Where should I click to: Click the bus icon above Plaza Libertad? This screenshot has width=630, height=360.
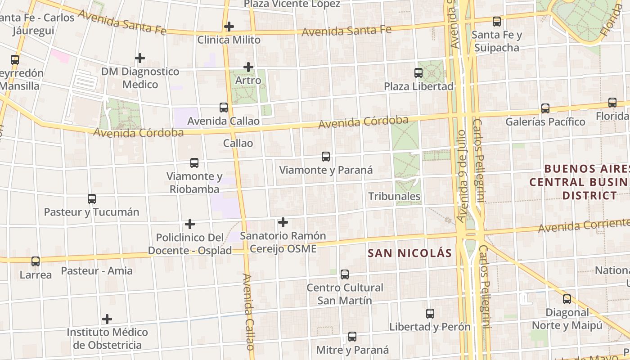click(418, 72)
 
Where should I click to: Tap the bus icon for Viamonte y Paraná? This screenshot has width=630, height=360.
click(326, 157)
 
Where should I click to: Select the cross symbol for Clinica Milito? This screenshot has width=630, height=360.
click(229, 27)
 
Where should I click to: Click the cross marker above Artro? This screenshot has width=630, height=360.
click(248, 67)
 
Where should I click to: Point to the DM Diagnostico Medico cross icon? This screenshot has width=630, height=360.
click(140, 58)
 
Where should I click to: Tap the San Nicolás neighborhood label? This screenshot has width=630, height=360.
click(409, 253)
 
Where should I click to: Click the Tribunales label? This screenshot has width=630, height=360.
click(394, 196)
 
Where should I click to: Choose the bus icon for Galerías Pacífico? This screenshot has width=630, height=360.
click(545, 108)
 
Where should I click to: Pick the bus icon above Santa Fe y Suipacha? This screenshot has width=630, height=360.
click(497, 21)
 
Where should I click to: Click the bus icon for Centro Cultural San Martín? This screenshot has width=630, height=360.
click(345, 274)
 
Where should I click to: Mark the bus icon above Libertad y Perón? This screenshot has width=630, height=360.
click(430, 314)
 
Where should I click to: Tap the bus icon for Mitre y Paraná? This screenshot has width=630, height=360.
click(352, 337)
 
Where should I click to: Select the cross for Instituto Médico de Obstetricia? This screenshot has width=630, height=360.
click(107, 319)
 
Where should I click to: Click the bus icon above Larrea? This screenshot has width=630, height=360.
click(36, 261)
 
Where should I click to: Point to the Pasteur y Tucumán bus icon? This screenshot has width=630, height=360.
click(92, 198)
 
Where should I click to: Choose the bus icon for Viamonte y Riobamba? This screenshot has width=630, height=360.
click(194, 163)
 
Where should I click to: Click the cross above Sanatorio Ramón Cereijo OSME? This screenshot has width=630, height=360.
click(283, 222)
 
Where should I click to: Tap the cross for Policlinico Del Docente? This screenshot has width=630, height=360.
click(190, 224)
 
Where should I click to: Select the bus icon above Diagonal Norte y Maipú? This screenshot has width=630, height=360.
click(567, 299)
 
